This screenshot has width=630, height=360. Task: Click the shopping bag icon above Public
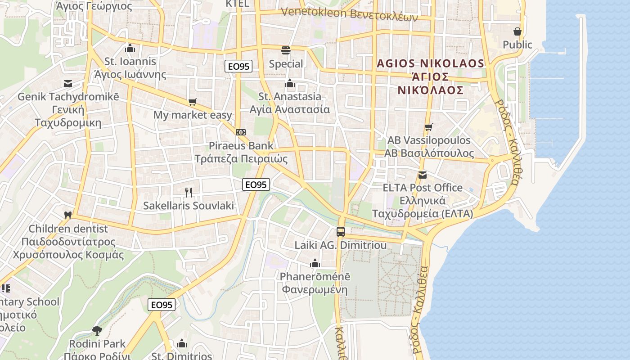[517, 31]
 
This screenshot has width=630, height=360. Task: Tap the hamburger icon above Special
[286, 50]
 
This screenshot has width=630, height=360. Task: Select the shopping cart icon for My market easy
[193, 102]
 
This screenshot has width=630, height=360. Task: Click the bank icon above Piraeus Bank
[241, 132]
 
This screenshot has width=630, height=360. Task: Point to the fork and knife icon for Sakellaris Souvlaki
[189, 193]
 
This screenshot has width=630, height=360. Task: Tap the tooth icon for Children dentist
[68, 215]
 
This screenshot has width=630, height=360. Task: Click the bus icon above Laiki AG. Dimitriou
[341, 232]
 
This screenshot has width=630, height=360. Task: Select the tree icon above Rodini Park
[97, 331]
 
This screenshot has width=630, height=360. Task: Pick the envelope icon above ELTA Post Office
[422, 175]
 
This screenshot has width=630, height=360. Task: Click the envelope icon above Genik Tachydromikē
[68, 84]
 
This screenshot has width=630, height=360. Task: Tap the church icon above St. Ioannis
[130, 48]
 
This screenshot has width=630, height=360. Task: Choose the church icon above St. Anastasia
[290, 83]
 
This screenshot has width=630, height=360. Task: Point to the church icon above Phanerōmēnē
[315, 263]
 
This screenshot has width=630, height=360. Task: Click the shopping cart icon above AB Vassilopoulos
[428, 127]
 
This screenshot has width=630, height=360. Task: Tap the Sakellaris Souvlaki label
[189, 206]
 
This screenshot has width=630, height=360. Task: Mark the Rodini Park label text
[97, 344]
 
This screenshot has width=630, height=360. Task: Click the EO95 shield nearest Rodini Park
[162, 305]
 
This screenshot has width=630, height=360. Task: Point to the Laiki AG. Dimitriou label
[341, 245]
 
